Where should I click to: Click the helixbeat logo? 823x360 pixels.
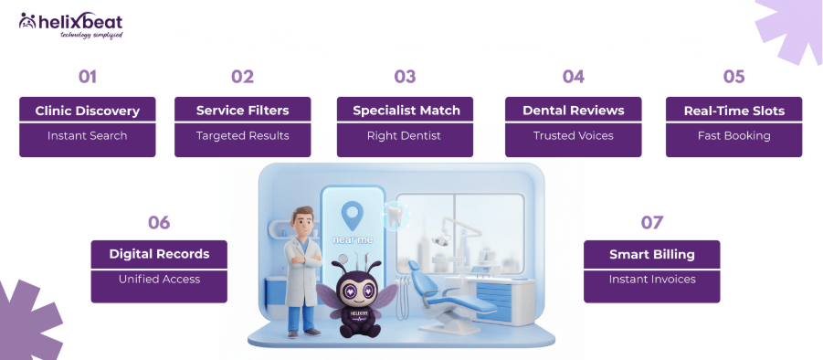(x=70, y=25)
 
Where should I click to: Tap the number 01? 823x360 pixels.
(x=87, y=77)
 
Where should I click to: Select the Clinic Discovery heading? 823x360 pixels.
(x=87, y=111)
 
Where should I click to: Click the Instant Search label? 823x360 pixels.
(x=87, y=136)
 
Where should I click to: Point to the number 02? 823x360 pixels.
(x=242, y=77)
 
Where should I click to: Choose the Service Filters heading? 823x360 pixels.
(x=242, y=111)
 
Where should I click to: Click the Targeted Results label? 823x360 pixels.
(x=242, y=136)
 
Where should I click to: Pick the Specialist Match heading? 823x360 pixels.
(x=405, y=111)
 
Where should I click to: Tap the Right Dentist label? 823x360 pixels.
(x=405, y=136)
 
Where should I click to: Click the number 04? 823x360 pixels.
(x=573, y=77)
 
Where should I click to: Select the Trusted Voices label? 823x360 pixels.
(x=573, y=136)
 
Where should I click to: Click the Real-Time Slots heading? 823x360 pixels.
(x=733, y=111)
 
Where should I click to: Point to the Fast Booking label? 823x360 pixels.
(x=733, y=136)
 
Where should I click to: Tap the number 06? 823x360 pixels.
(x=159, y=222)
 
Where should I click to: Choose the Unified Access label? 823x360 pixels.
(x=159, y=280)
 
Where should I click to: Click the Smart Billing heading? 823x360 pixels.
(x=651, y=254)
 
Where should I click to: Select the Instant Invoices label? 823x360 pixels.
(x=651, y=280)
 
